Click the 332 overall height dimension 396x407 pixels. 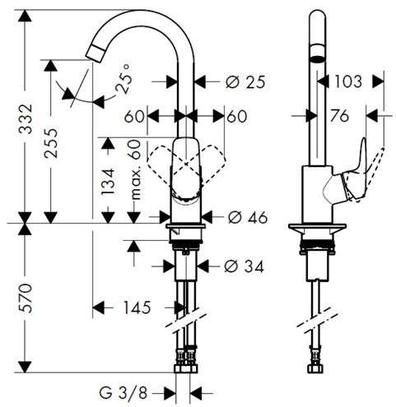click(x=26, y=119)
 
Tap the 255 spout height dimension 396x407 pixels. click(x=51, y=143)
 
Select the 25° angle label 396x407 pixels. click(x=123, y=79)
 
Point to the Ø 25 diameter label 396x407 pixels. click(x=245, y=82)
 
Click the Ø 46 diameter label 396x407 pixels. click(x=248, y=218)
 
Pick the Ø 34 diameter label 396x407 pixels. click(x=244, y=266)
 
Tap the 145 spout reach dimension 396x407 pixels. click(x=137, y=308)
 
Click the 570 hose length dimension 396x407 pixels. click(x=26, y=298)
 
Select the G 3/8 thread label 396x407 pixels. click(x=123, y=393)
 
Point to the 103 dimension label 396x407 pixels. click(x=348, y=81)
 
